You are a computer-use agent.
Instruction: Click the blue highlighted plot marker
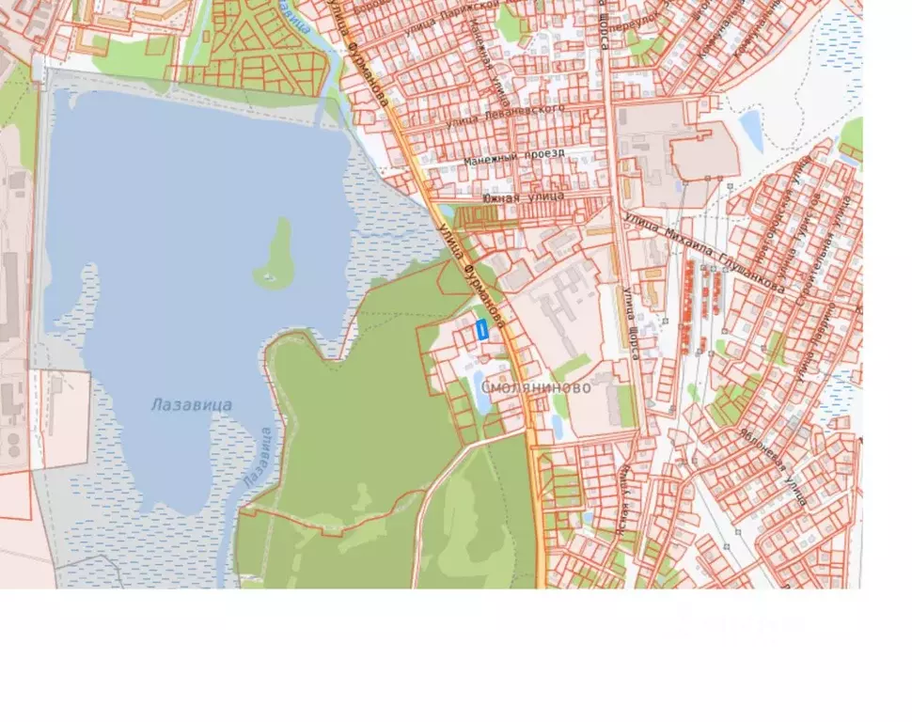point(481,330)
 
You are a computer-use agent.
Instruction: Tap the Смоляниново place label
point(536,387)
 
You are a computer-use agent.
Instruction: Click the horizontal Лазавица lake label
point(191,405)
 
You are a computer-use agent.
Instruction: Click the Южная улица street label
point(524,196)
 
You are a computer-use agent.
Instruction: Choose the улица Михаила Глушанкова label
point(703,251)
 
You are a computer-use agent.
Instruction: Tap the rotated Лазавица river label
point(257,458)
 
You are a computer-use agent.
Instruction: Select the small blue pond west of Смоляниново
point(480,396)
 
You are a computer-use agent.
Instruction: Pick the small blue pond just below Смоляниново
point(558,426)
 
